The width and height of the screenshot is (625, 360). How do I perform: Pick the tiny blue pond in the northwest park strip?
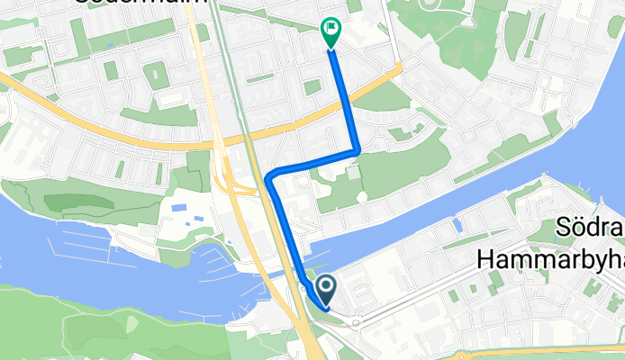109,45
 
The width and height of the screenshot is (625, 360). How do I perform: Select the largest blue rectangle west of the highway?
177,209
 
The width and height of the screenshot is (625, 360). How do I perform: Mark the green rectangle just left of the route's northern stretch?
312,87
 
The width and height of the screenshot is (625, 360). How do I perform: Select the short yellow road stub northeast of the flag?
394,70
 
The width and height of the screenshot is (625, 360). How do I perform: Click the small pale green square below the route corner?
353,172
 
